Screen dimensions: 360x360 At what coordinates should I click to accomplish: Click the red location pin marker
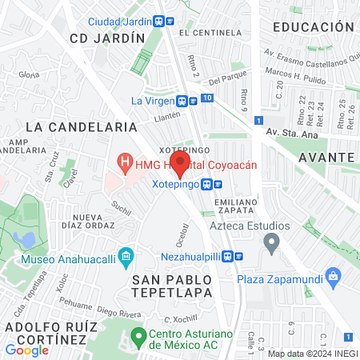point(180,164)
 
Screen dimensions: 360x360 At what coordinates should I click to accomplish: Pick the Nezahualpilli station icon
point(229,257)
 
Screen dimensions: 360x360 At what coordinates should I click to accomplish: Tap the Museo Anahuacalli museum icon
point(125,257)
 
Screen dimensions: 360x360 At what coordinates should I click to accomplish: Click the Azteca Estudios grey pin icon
point(271,242)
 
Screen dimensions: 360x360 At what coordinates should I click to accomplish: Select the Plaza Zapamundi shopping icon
point(334,278)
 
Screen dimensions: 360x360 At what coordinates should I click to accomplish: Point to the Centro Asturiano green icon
point(138,334)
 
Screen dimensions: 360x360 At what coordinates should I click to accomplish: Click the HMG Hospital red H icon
point(125,163)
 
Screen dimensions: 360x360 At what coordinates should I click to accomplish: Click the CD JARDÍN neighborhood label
point(107,38)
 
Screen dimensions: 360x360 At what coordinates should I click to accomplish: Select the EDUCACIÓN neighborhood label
point(313,26)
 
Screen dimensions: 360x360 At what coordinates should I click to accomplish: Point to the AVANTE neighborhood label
point(328,158)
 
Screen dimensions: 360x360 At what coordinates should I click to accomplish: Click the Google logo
point(26,350)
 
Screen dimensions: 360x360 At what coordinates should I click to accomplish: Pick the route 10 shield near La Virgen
point(207,98)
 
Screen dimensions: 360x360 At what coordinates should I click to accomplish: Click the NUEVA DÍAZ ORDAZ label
point(97,222)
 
